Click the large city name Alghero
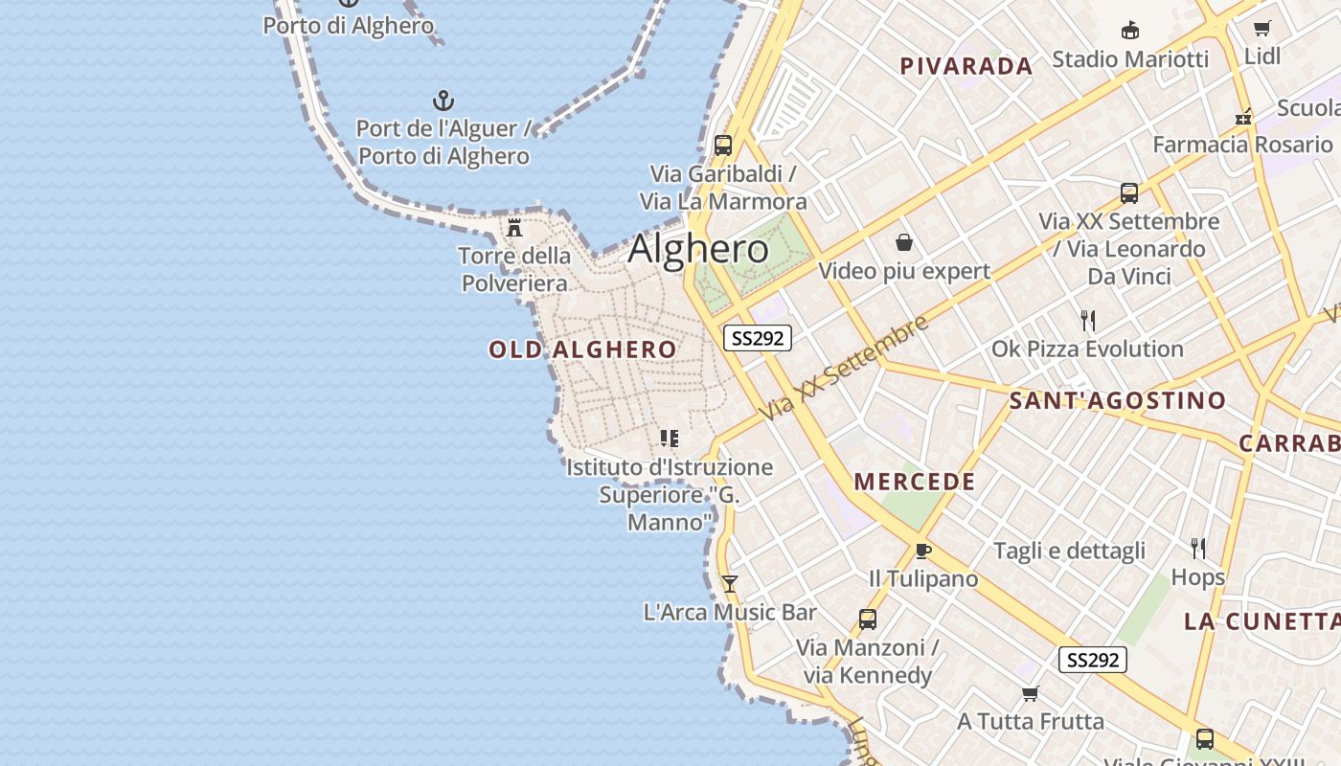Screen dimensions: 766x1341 [698, 249]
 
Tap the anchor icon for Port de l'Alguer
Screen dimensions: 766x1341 [443, 101]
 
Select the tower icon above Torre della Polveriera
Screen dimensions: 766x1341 [514, 228]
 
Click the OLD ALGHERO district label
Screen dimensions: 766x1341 [582, 349]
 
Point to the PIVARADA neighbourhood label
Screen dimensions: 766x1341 [966, 66]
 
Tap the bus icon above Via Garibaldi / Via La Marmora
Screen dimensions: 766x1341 [723, 146]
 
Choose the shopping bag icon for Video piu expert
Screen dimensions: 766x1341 [903, 242]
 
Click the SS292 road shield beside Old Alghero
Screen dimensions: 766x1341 [757, 338]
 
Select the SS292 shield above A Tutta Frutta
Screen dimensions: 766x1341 [1092, 660]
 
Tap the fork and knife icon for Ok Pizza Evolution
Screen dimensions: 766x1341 [1087, 320]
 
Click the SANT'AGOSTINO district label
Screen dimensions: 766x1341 [1117, 400]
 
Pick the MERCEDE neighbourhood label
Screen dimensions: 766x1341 [915, 482]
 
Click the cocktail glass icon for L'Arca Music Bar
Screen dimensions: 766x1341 [730, 583]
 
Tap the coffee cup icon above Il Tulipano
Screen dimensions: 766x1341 [922, 551]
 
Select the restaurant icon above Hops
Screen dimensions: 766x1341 [1197, 548]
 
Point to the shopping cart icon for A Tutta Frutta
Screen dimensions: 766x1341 [1030, 693]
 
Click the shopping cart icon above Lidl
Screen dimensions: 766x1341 [1262, 29]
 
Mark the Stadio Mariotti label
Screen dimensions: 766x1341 [1130, 59]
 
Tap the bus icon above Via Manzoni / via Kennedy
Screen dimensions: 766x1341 [867, 620]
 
